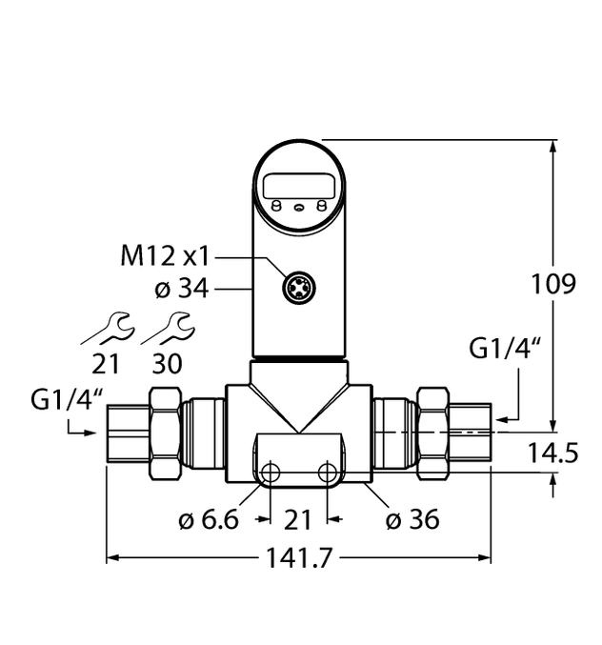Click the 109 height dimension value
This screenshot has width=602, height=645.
[553, 285]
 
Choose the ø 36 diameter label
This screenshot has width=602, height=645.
[411, 519]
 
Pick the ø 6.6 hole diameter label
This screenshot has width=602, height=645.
[207, 520]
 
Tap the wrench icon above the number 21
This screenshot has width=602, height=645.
[106, 329]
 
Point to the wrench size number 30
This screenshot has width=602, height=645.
[168, 364]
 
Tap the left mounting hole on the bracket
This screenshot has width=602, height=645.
[271, 474]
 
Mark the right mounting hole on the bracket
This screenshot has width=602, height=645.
[328, 474]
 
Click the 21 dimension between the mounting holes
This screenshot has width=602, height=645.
[299, 520]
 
